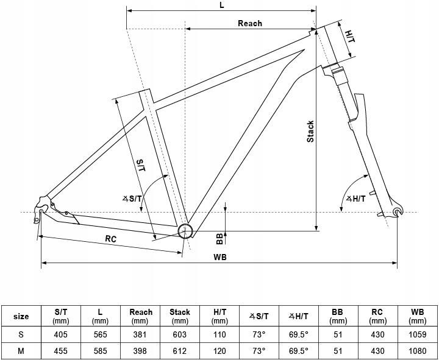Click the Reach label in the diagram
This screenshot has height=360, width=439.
[x=250, y=23]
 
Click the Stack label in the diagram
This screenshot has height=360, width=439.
[x=310, y=132]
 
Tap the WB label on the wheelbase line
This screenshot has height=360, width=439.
[x=220, y=257]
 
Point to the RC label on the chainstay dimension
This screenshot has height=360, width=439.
[x=111, y=239]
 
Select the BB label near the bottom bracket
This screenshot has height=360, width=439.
[x=220, y=239]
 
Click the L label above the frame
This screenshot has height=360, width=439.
[x=222, y=5]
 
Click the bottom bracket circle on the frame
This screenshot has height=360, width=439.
[x=185, y=231]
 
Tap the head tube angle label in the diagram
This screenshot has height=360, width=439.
[x=356, y=199]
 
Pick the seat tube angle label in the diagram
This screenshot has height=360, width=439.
[x=132, y=199]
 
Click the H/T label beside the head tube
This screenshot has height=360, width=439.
[x=350, y=37]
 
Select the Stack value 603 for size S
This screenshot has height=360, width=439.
[x=179, y=334]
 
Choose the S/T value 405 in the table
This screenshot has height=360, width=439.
[x=61, y=334]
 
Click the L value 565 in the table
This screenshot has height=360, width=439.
[x=100, y=334]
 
